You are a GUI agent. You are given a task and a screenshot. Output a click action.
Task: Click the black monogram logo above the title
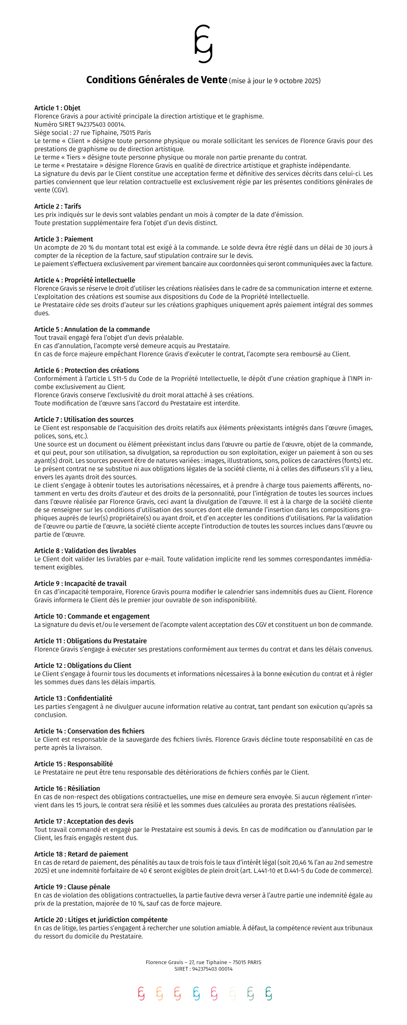tap(203, 44)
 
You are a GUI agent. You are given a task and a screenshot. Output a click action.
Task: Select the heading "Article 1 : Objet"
tap(57, 108)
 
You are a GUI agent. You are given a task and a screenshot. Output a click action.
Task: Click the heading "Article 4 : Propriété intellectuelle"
tap(85, 280)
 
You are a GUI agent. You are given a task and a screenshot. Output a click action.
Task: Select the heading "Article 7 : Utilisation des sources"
tap(84, 420)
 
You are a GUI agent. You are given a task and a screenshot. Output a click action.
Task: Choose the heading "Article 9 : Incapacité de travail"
tap(80, 584)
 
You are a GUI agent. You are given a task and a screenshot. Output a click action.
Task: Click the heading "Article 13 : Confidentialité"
tap(73, 698)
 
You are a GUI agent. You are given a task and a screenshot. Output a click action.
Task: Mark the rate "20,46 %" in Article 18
tap(294, 862)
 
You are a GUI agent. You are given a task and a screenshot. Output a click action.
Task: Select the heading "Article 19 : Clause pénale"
tap(72, 887)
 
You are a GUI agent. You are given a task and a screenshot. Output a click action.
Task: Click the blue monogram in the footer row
tap(196, 993)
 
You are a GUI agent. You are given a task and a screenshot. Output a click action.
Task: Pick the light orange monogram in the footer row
tap(159, 993)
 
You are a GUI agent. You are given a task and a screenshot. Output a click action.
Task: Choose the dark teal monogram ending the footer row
tap(269, 993)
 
